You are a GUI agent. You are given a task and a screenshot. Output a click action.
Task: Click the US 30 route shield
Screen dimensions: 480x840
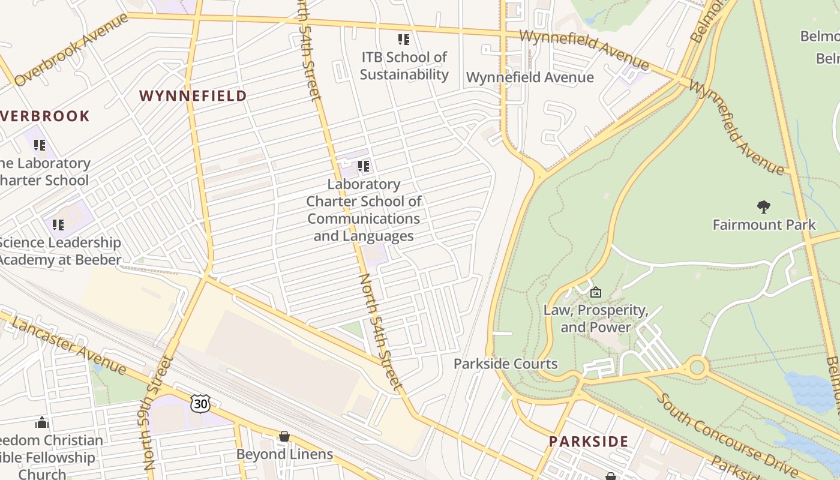[200, 403]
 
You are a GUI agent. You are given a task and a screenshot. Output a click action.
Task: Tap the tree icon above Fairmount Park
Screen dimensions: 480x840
[764, 208]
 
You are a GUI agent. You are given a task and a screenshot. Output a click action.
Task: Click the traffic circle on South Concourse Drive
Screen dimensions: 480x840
[697, 366]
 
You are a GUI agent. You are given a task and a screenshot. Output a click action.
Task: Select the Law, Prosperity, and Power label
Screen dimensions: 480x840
[596, 319]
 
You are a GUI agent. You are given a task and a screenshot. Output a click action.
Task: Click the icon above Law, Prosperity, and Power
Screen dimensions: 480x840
[596, 292]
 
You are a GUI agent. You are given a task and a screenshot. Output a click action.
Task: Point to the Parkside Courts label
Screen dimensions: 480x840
[505, 364]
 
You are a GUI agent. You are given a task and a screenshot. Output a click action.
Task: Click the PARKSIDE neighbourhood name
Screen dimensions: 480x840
[588, 442]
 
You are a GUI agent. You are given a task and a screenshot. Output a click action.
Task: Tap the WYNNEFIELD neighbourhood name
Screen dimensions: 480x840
[193, 95]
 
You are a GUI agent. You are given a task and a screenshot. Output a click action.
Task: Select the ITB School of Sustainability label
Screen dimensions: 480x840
[404, 66]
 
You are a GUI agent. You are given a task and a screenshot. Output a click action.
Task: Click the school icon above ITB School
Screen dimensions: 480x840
[404, 40]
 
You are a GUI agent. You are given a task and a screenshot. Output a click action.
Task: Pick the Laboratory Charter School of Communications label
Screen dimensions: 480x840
[364, 210]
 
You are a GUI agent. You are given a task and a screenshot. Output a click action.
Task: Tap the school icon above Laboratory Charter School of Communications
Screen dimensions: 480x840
[363, 166]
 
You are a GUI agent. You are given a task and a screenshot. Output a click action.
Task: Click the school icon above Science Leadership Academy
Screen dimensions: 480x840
[58, 224]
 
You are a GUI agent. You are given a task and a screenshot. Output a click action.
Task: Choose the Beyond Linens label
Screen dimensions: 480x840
[284, 454]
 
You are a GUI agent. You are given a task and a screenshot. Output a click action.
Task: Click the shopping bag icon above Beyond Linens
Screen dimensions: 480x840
[284, 436]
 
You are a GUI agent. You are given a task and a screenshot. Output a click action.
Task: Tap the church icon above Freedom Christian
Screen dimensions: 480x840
[41, 422]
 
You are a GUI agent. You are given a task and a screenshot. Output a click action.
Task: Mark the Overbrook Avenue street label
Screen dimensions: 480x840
[71, 50]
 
